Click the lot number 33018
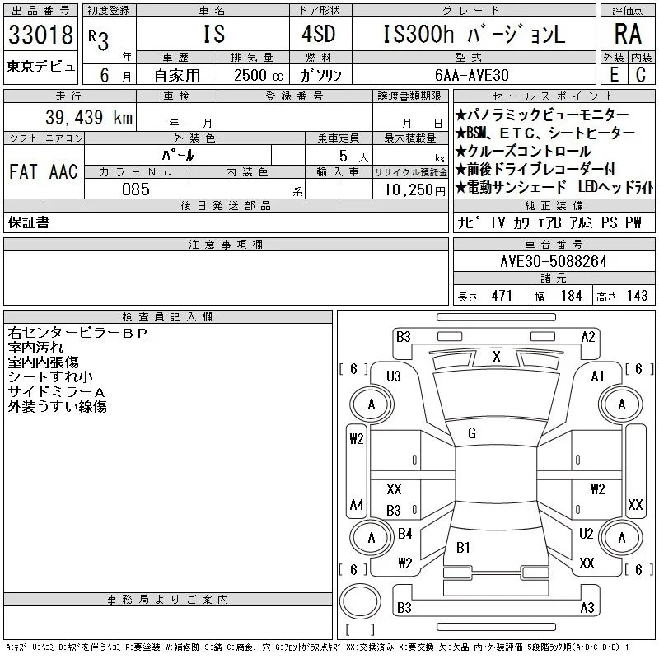40,35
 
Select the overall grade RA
628,34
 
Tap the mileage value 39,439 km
89,117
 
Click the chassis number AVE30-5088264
554,262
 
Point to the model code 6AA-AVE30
471,75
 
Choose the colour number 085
136,189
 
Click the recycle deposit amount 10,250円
415,190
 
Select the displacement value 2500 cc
258,76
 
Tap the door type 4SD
319,34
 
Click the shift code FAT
23,171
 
